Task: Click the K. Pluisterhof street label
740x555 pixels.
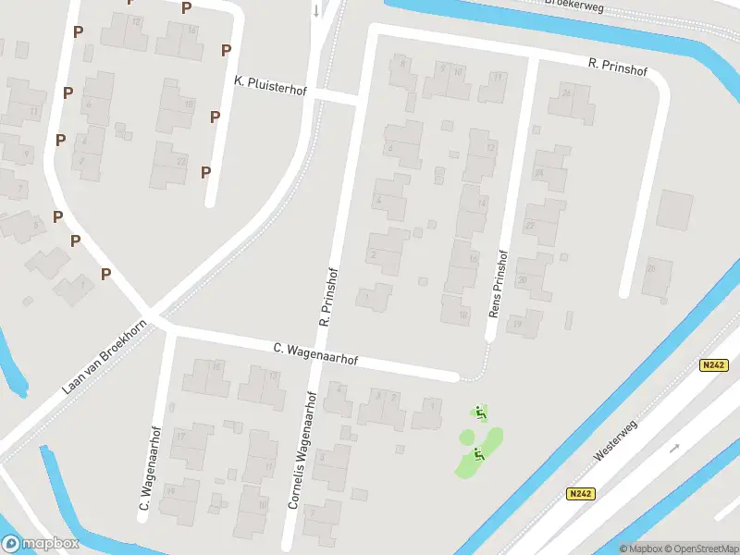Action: point(269,82)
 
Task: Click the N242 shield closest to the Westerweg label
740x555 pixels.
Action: point(580,494)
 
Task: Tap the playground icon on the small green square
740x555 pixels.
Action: point(480,413)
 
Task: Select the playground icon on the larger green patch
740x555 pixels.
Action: point(478,453)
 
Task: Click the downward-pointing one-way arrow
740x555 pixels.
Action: point(316,11)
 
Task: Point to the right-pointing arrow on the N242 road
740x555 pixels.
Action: point(675,448)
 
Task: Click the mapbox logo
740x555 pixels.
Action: point(40,544)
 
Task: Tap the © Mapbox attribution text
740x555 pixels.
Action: point(641,549)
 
